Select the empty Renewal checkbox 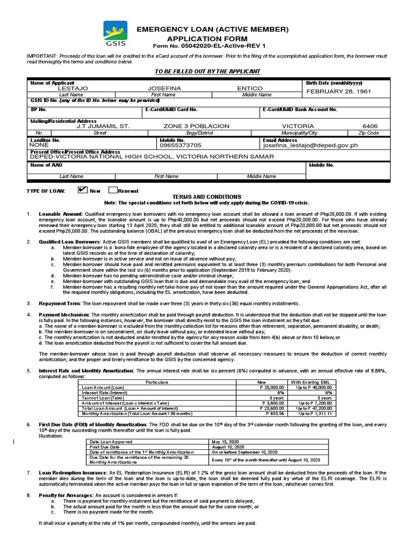[113, 190]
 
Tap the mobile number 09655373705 [181, 145]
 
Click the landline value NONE [39, 145]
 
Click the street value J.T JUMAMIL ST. [103, 126]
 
